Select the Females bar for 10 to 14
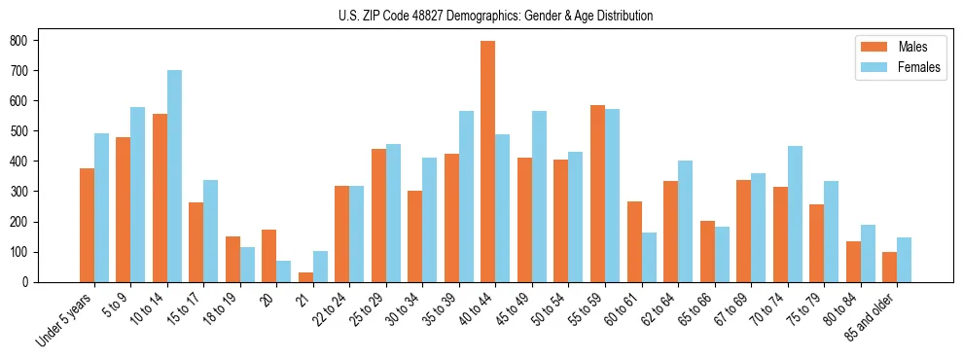click(174, 176)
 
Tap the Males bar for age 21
click(305, 277)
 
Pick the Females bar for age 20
click(284, 271)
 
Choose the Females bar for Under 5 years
click(101, 207)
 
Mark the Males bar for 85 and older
click(890, 267)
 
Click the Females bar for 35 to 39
click(466, 197)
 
